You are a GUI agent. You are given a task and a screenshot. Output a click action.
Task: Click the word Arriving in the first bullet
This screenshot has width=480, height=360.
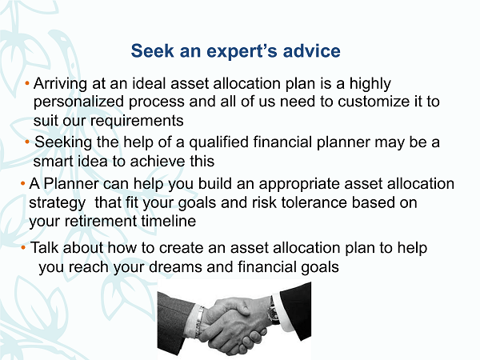[60, 84]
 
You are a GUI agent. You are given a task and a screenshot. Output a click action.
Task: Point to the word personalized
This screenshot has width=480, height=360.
[78, 102]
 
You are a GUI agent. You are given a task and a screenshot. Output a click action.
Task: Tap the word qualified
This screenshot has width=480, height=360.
[218, 142]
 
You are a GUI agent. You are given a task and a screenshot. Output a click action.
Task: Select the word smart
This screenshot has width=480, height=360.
[53, 162]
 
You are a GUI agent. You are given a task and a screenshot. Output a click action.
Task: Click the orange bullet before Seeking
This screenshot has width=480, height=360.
[27, 142]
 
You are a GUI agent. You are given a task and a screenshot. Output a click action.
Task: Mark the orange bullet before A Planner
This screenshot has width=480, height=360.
[22, 184]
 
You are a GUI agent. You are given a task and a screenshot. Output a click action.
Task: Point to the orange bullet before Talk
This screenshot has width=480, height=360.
[23, 247]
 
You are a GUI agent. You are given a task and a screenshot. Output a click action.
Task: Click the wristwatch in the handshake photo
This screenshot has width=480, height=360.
[273, 312]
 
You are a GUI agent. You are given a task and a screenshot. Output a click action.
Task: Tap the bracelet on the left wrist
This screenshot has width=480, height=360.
[199, 322]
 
